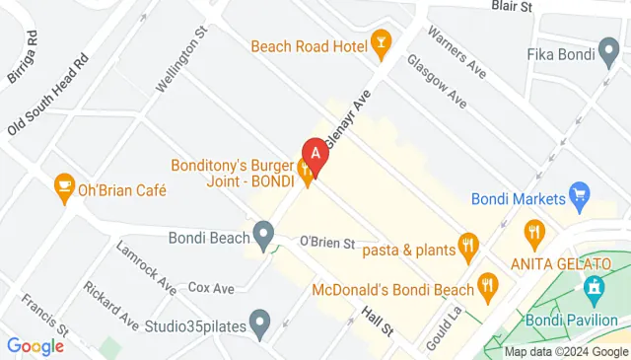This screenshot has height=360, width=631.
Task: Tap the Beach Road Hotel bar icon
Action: (380, 42)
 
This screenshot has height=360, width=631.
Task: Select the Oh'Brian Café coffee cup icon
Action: (64, 185)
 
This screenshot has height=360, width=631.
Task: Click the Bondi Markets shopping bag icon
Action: (579, 194)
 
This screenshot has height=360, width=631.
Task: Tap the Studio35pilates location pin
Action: (259, 321)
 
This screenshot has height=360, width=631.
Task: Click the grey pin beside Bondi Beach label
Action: (263, 235)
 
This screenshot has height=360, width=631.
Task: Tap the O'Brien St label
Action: (326, 242)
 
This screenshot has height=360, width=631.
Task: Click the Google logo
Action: (35, 346)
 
